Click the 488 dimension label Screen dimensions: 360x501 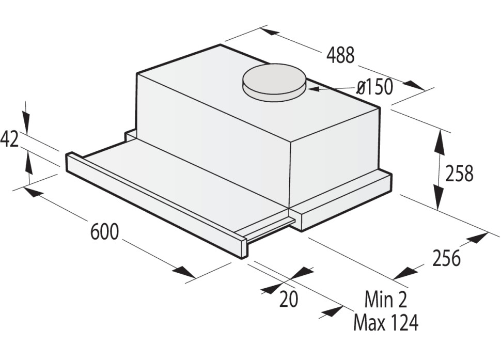click(340, 55)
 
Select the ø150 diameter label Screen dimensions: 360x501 click(375, 87)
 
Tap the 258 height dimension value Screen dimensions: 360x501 click(459, 174)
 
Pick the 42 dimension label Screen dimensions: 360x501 click(10, 139)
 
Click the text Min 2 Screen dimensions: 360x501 click(386, 299)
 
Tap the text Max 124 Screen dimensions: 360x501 click(385, 323)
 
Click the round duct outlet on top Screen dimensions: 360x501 click(274, 81)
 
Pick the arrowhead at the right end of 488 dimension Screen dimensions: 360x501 click(413, 85)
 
